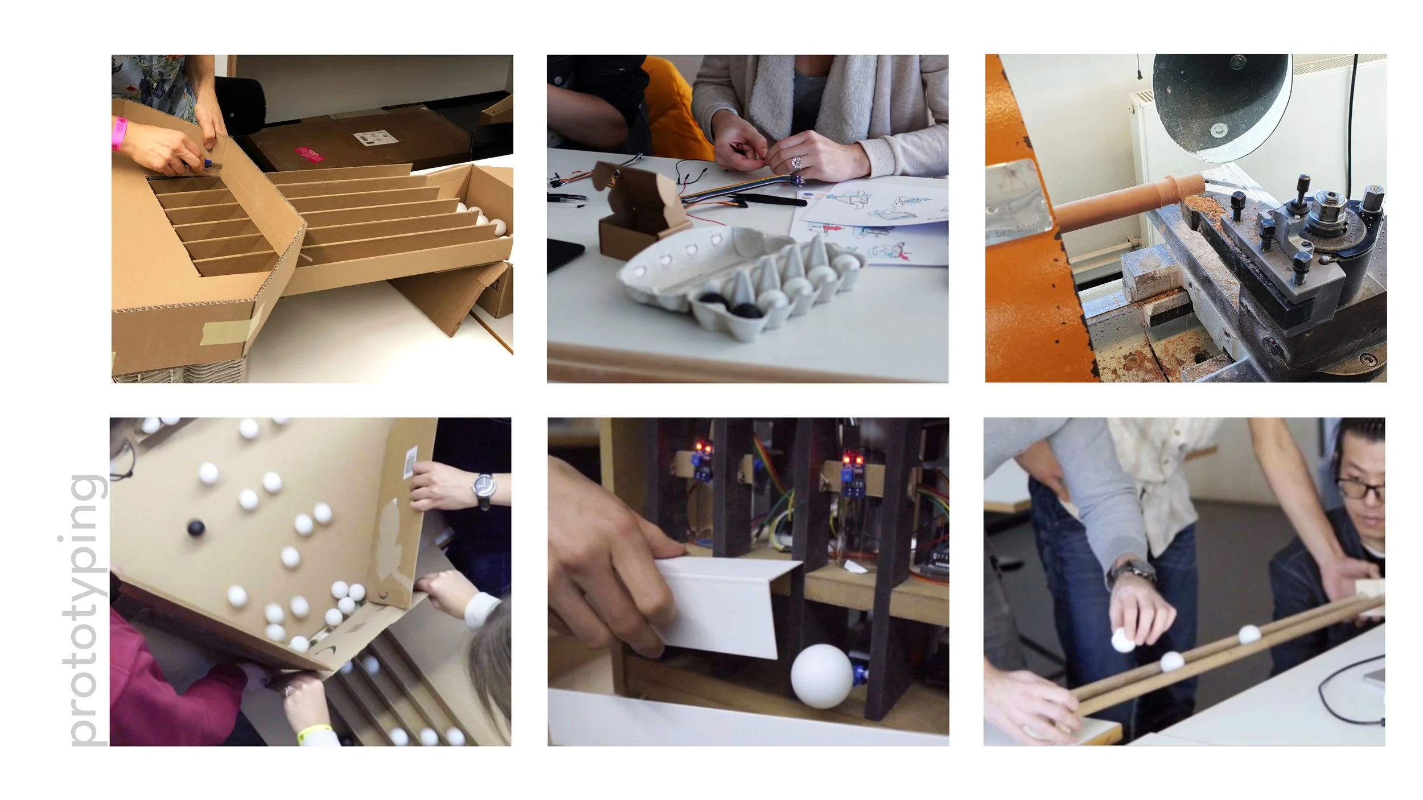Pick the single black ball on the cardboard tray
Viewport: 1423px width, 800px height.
coord(196,528)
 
